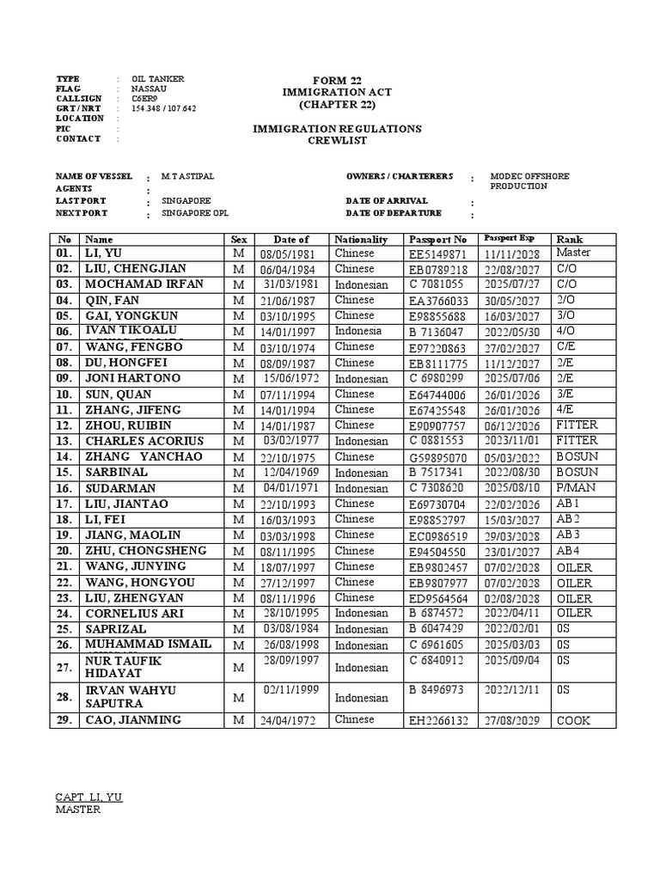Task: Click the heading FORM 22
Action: [x=336, y=80]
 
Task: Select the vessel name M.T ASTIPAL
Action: [x=188, y=176]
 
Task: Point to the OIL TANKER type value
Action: [x=158, y=79]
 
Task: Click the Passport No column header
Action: [x=438, y=239]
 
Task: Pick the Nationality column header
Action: [x=361, y=239]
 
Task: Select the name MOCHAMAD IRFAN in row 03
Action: [x=144, y=284]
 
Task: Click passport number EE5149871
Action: [x=438, y=254]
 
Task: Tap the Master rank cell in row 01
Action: [x=574, y=253]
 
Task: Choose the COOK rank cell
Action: [x=573, y=720]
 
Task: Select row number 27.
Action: [x=64, y=668]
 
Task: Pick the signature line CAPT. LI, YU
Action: [x=89, y=797]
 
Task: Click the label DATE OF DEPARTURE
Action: [x=393, y=213]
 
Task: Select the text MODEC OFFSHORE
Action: [x=529, y=176]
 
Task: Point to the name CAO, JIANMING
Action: [x=133, y=720]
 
